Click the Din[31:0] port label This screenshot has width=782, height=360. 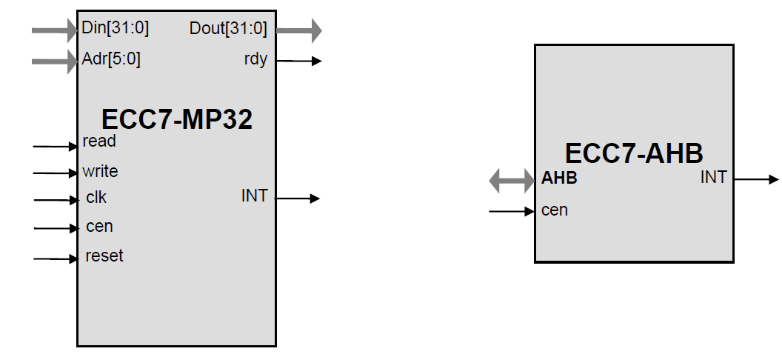[116, 29]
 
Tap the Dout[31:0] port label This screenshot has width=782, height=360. [228, 29]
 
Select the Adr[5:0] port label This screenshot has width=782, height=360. [111, 59]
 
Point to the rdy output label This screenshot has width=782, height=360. [255, 60]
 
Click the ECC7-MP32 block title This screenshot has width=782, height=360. [177, 119]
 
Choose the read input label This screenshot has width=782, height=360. [99, 141]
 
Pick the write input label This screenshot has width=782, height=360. [100, 171]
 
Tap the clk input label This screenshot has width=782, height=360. [96, 198]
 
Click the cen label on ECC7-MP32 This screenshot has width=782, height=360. [99, 227]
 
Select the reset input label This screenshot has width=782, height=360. [104, 256]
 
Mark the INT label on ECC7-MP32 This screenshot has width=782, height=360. [254, 196]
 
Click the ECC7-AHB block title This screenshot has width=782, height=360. [633, 153]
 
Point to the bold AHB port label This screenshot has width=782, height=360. [559, 179]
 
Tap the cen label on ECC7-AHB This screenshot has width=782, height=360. [555, 210]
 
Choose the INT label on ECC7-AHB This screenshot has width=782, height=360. [714, 177]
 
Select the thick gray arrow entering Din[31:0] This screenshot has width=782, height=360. [55, 30]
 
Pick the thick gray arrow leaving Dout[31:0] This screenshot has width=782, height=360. [299, 30]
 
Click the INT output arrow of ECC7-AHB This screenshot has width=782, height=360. [756, 179]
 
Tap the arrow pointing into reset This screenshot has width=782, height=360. [56, 259]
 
